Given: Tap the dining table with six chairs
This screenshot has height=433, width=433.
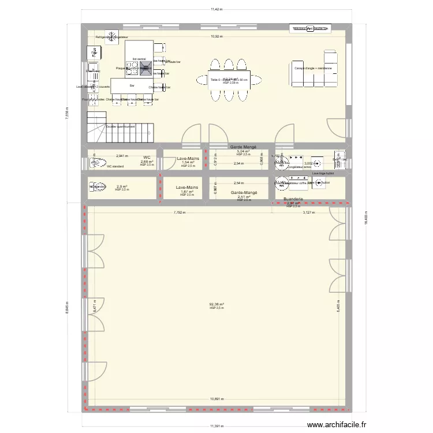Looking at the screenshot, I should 229,80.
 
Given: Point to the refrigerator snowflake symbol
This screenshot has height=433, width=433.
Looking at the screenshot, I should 111,36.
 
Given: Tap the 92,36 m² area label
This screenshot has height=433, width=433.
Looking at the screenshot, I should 216,304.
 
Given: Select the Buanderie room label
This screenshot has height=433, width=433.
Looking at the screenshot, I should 293,199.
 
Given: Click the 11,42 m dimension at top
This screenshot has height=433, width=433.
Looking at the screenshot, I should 216,10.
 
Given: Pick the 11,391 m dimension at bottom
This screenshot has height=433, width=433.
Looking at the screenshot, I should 216,427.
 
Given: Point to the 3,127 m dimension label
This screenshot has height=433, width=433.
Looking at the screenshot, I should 309,212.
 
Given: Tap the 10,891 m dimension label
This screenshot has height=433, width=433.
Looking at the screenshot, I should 216,398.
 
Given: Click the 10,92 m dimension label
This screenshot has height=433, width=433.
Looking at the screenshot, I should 216,36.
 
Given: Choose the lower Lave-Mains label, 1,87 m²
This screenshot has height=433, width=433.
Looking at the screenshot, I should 186,188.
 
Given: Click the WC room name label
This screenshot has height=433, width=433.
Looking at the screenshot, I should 147,157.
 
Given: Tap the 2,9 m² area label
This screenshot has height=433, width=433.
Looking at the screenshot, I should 122,186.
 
